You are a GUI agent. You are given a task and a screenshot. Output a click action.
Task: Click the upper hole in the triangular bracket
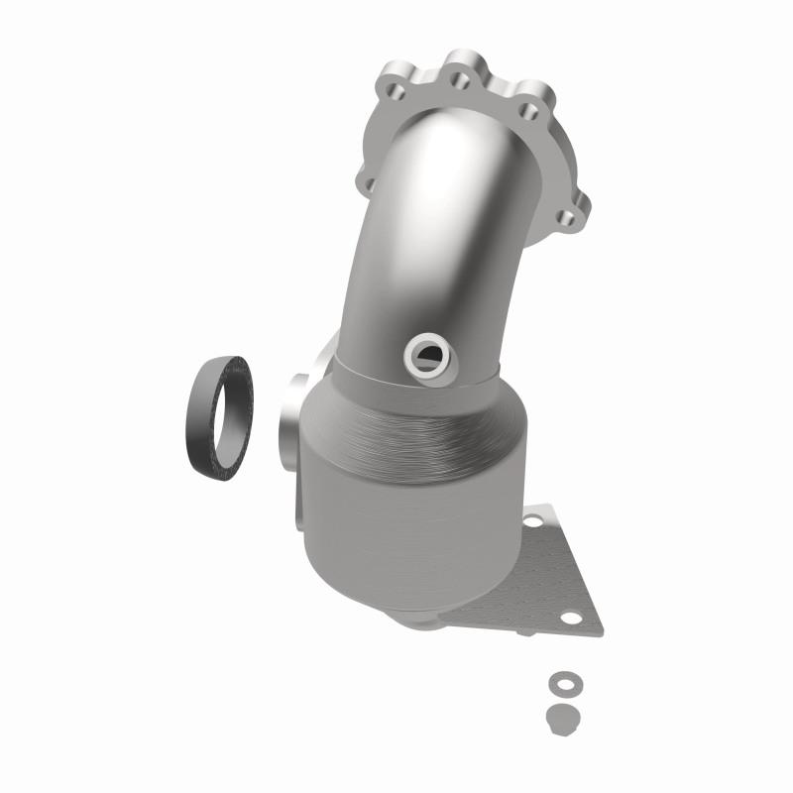coord(537,519)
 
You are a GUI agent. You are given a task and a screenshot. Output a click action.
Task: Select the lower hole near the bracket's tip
coord(571,618)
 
